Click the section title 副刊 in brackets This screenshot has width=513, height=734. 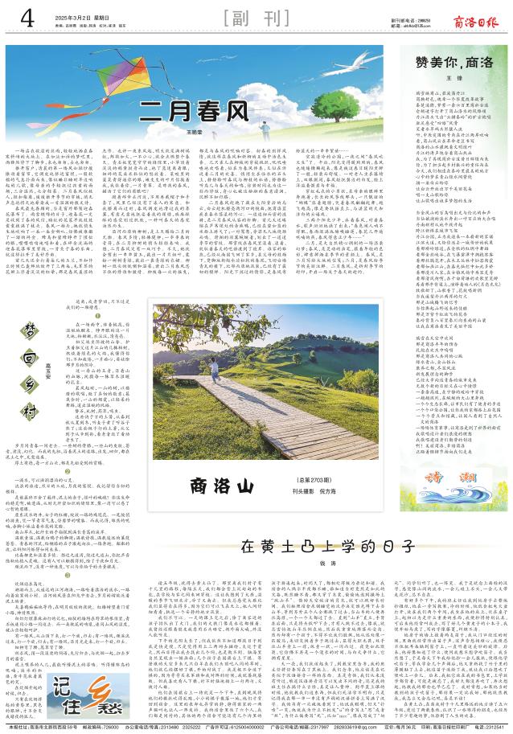(256, 17)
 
